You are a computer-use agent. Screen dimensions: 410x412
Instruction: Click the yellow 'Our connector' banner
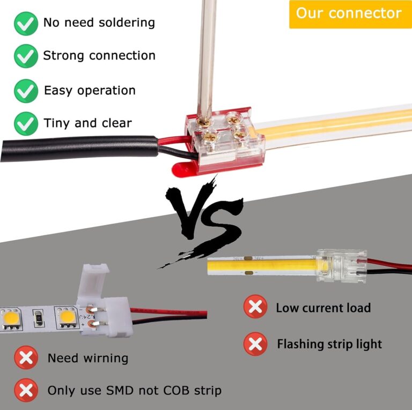pos(349,14)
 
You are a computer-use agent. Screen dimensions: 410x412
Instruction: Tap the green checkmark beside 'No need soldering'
pos(26,24)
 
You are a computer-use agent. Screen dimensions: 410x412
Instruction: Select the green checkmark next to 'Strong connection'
pos(26,56)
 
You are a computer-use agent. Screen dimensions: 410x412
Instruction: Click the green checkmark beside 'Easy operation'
pos(26,91)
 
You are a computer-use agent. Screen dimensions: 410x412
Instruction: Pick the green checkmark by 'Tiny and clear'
pos(26,123)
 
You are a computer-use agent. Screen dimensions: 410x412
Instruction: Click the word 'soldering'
pos(129,23)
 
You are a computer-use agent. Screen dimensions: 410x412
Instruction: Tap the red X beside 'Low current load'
pos(255,308)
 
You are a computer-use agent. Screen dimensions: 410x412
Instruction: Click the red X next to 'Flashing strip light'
pos(255,344)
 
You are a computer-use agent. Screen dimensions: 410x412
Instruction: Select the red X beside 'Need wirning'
pos(26,357)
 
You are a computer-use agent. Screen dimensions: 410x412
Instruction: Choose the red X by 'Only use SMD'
pos(26,390)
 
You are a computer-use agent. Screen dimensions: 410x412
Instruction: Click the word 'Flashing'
pos(298,344)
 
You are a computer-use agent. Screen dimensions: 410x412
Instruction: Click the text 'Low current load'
pos(323,308)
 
